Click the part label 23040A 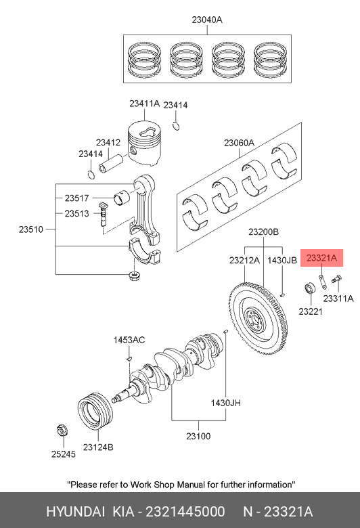[x=207, y=20]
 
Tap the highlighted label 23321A [x=321, y=258]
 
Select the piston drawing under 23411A [x=144, y=143]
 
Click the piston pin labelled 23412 [x=111, y=163]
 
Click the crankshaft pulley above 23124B [x=95, y=411]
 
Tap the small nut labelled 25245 [x=62, y=431]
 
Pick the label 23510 [x=31, y=229]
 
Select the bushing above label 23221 [x=310, y=288]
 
